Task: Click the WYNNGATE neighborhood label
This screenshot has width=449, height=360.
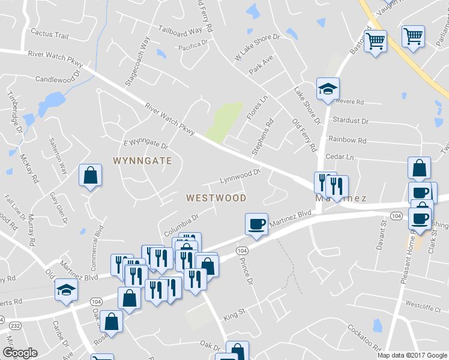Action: (143, 161)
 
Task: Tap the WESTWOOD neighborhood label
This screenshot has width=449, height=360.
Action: (216, 197)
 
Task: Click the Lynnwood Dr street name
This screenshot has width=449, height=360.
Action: (240, 176)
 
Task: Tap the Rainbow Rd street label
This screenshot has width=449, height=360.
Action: (347, 140)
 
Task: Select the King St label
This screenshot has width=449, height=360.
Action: (235, 313)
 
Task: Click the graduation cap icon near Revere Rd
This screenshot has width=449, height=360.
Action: (328, 89)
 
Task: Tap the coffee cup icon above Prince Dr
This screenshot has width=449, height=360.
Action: (256, 224)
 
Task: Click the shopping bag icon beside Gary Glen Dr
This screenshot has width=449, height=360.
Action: (90, 175)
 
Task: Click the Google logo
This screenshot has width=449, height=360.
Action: (20, 353)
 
